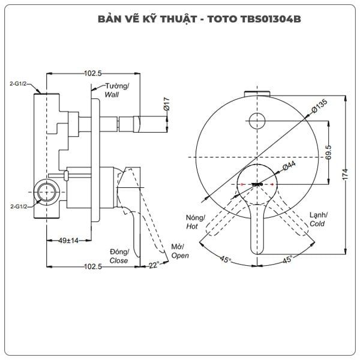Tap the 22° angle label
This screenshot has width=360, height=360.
click(152, 265)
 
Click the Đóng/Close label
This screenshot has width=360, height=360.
click(119, 256)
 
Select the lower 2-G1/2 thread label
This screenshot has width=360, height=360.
click(20, 206)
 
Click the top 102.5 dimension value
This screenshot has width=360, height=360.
click(92, 73)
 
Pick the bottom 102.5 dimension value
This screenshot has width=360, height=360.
click(92, 266)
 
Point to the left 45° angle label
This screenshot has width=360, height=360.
click(225, 259)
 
